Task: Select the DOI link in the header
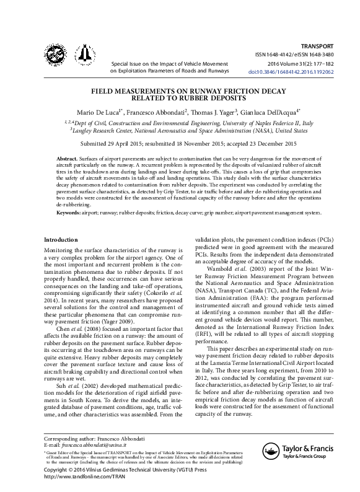(300, 72)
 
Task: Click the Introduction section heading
(61, 240)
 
